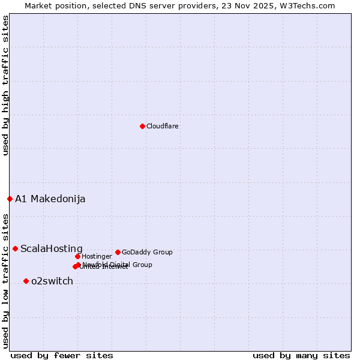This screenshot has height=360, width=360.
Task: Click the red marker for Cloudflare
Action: coord(142,126)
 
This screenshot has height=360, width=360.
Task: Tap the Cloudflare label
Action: coord(162,126)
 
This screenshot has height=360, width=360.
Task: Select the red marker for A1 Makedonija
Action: coord(10,199)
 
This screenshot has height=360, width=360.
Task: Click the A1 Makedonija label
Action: coord(50,199)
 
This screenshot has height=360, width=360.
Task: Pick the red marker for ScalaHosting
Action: coord(15,248)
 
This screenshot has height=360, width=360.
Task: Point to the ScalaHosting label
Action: coord(52,248)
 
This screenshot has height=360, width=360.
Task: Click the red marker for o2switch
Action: coord(26,281)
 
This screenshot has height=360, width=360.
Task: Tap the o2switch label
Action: coord(52,281)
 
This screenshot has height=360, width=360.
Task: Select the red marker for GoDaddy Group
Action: coord(118,252)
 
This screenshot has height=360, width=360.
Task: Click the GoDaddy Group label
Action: coord(147,252)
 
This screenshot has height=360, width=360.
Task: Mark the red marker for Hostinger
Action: coord(77,256)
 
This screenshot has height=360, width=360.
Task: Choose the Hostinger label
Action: coord(97,256)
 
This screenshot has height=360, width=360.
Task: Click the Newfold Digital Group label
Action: coord(118,265)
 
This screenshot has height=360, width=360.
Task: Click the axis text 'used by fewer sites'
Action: coord(62,355)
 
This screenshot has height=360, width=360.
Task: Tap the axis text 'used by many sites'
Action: coord(301,355)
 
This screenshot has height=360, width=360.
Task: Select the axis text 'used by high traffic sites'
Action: coord(5,85)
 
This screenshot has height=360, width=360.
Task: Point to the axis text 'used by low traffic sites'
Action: coord(5,280)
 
